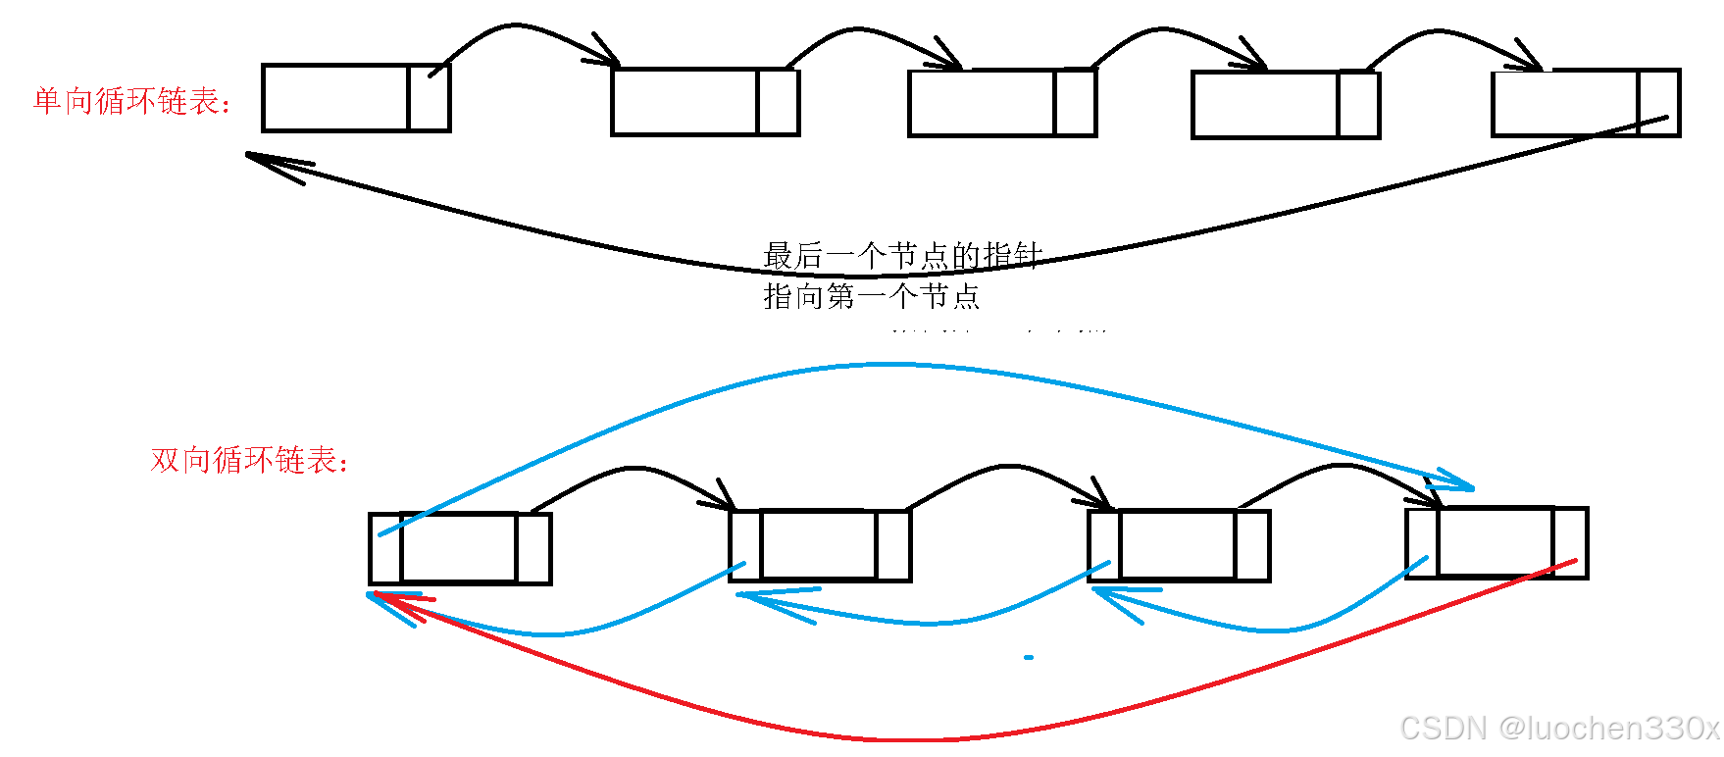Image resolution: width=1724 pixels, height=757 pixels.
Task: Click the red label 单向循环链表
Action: (131, 101)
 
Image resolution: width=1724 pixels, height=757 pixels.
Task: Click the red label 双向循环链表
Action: (249, 460)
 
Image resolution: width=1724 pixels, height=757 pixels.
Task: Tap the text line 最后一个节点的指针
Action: (902, 256)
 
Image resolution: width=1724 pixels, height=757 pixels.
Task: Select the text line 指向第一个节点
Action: (871, 296)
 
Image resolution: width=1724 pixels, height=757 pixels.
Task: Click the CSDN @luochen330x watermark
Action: (1559, 729)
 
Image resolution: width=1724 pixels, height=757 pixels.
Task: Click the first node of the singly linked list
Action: (356, 98)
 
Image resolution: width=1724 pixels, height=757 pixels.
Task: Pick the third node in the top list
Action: (1002, 103)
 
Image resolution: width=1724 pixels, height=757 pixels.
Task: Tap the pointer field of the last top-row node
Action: (1658, 103)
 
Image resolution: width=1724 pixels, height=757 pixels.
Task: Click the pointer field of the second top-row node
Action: (778, 102)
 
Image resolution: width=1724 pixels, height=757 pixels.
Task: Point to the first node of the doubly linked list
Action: (460, 548)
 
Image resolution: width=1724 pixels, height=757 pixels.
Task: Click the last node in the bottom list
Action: (1496, 542)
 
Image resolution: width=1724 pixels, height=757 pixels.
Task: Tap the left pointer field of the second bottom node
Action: (745, 545)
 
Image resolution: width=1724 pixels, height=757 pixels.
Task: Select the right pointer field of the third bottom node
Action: (1252, 545)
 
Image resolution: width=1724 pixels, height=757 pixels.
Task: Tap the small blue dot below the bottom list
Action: (1029, 657)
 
